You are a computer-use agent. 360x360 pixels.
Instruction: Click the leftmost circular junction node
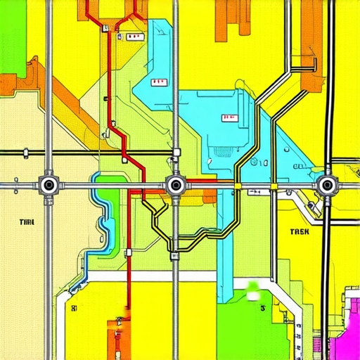(49, 186)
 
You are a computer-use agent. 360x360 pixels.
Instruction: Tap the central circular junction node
(175, 186)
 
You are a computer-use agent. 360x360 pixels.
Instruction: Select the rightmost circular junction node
(326, 186)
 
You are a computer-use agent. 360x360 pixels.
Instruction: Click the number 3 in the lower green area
(261, 308)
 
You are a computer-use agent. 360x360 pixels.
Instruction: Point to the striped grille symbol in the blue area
(223, 151)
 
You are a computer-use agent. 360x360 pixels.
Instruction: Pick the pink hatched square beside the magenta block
(318, 344)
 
